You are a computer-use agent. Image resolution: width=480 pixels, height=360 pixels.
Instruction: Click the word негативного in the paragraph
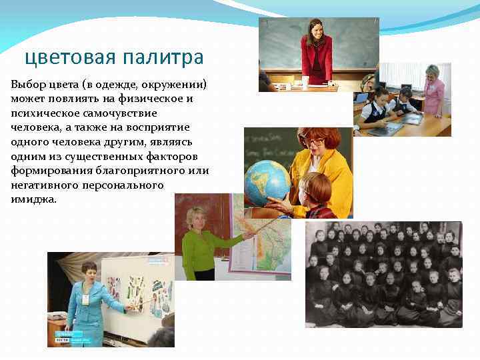point(46,185)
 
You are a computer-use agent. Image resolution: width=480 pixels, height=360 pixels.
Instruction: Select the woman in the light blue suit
point(89,300)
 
